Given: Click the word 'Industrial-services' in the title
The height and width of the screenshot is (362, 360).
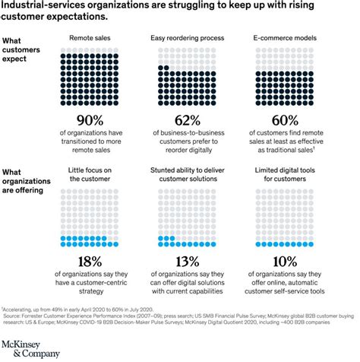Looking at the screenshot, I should coord(46,7).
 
